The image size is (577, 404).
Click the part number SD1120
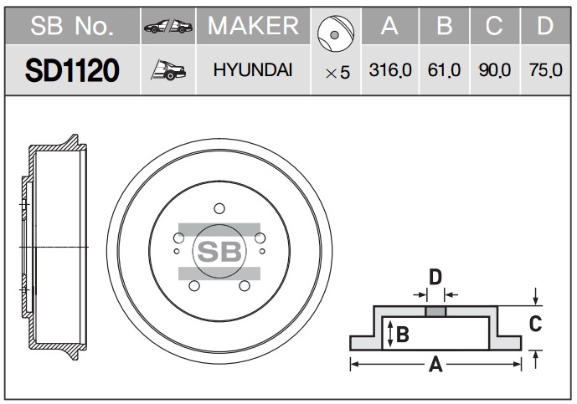click(x=72, y=70)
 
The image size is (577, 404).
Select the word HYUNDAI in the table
click(x=253, y=70)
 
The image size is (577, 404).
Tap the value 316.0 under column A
click(x=390, y=70)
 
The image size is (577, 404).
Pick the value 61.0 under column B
click(x=444, y=70)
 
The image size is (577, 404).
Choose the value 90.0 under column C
click(x=495, y=70)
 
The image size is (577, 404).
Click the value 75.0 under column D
click(x=546, y=70)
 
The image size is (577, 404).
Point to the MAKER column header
click(x=253, y=26)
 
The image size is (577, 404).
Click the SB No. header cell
click(x=72, y=26)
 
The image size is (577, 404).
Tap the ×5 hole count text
click(x=337, y=73)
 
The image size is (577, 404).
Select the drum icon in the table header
click(x=335, y=33)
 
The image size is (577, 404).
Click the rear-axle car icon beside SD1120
click(x=168, y=70)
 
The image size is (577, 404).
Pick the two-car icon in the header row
click(x=168, y=27)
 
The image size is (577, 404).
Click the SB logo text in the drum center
click(x=219, y=252)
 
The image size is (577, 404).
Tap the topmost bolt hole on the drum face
click(x=219, y=208)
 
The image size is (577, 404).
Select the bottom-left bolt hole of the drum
click(x=194, y=285)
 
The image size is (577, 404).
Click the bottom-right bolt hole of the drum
click(x=245, y=285)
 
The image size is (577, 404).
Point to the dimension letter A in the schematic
click(x=435, y=365)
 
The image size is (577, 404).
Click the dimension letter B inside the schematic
click(x=403, y=335)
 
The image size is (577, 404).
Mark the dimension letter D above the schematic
click(x=435, y=277)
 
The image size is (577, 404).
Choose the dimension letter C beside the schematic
click(x=535, y=324)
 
